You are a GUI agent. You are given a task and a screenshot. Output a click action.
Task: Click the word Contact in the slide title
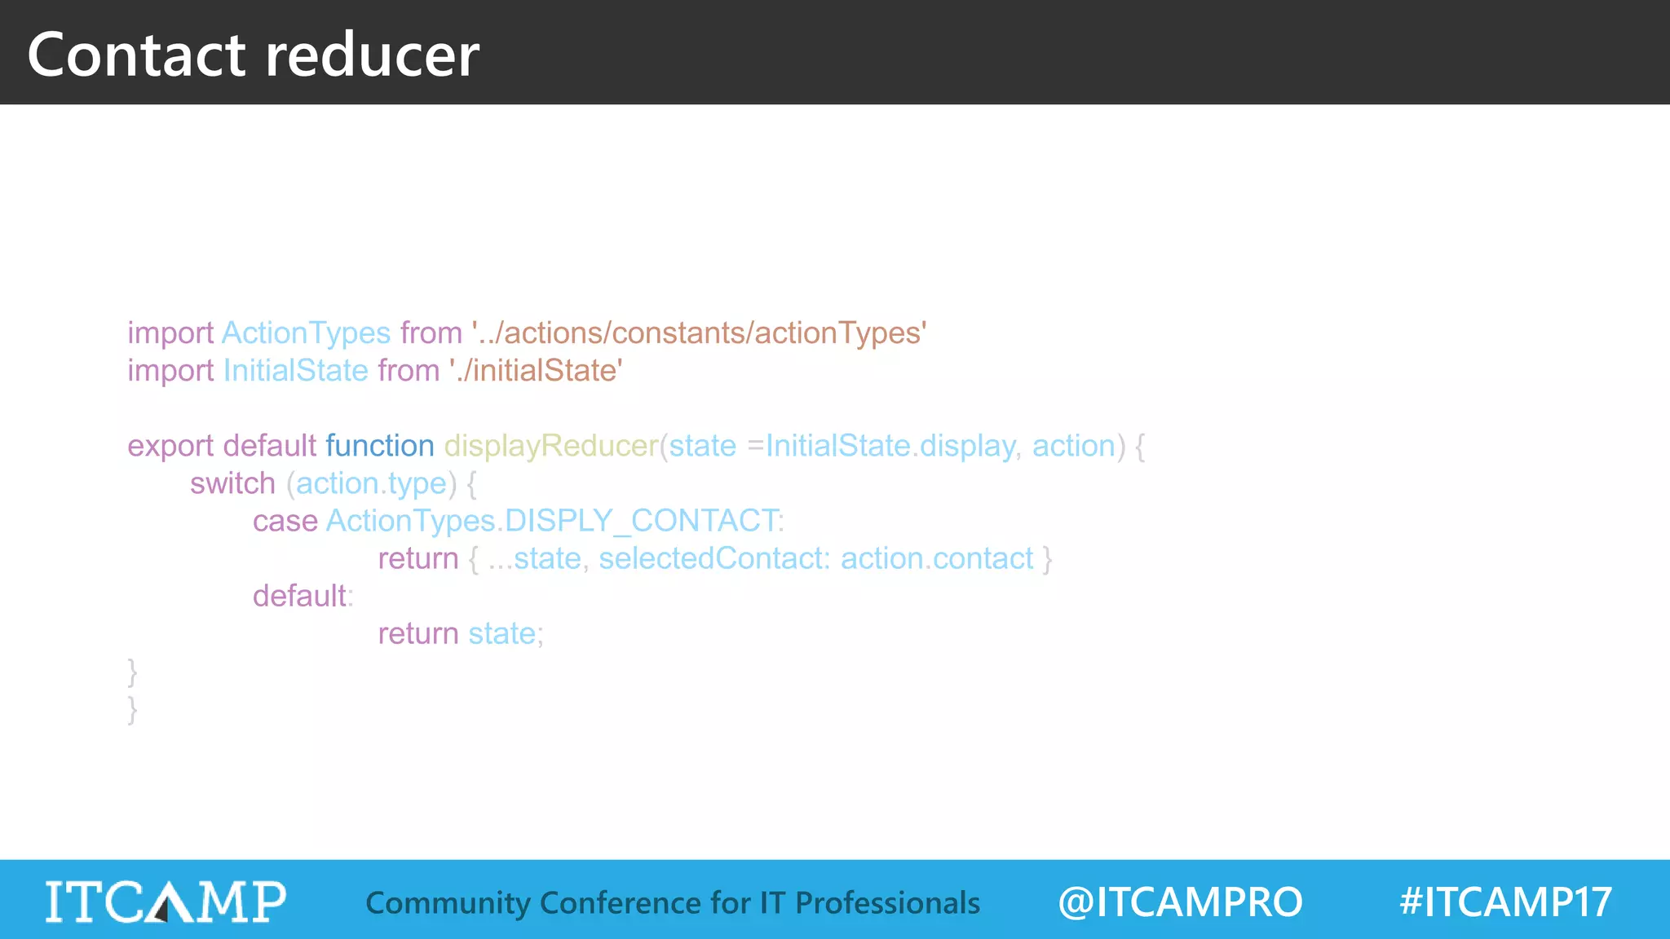136,55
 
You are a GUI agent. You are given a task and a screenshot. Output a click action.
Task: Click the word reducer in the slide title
372,55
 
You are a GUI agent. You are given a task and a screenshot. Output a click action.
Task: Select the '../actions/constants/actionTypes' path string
699,333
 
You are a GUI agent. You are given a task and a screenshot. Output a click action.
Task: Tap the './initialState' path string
536,370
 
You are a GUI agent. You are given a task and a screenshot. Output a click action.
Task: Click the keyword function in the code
380,446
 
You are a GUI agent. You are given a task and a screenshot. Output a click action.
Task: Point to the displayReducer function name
551,446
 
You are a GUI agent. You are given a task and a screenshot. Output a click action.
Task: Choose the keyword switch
232,483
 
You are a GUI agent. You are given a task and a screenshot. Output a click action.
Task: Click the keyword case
285,521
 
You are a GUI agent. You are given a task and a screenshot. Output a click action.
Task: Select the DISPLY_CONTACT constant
641,521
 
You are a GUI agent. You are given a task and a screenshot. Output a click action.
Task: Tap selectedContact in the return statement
714,558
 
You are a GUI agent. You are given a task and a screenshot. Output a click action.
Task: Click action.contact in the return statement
937,558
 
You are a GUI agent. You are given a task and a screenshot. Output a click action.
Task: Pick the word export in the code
170,446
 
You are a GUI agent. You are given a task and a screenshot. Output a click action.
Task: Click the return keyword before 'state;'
418,633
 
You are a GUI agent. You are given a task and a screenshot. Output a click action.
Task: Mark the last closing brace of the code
132,709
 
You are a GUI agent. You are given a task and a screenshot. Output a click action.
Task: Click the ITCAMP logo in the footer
166,901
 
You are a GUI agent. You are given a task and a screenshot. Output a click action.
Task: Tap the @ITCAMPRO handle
1180,902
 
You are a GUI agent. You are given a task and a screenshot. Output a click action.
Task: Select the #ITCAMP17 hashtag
1505,902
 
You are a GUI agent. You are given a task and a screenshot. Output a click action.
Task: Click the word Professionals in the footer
887,903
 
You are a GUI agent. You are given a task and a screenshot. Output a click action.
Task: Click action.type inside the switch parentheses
371,483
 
